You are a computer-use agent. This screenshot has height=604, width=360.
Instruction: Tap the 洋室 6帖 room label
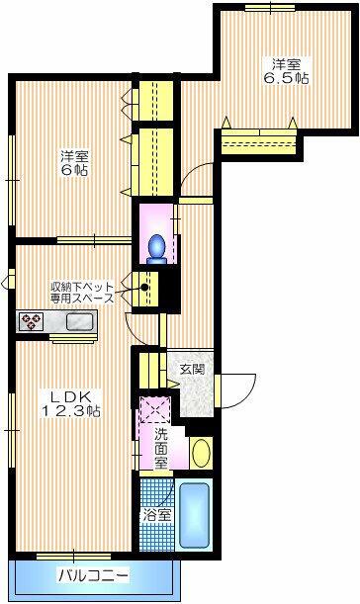point(70,163)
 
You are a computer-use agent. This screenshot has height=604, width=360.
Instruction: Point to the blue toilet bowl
point(156,244)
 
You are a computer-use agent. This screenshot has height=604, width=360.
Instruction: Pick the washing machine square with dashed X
point(154,408)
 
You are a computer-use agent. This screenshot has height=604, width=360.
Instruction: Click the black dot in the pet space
point(145,289)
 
